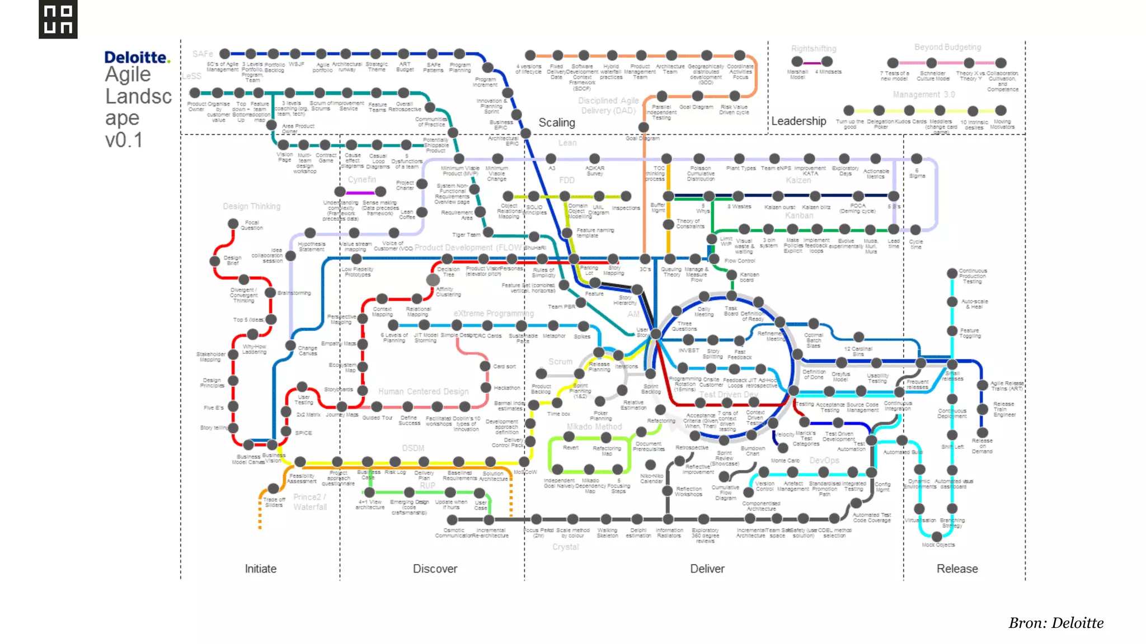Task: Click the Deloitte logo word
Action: click(136, 58)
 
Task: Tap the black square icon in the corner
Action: click(58, 20)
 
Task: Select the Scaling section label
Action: click(556, 122)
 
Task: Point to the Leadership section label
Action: click(799, 121)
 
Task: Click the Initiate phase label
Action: click(260, 569)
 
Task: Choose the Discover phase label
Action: click(435, 569)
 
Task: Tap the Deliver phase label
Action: click(707, 569)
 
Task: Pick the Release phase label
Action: click(957, 569)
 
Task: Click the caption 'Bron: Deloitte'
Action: click(1056, 623)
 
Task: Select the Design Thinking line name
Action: click(251, 206)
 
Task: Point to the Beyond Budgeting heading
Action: click(947, 48)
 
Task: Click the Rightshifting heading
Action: click(814, 49)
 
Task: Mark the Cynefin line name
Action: click(362, 179)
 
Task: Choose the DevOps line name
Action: click(824, 460)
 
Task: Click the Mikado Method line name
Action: click(594, 427)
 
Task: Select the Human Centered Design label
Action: click(423, 391)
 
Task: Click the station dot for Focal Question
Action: click(233, 224)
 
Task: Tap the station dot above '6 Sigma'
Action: click(917, 159)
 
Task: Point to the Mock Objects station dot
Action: click(937, 537)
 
